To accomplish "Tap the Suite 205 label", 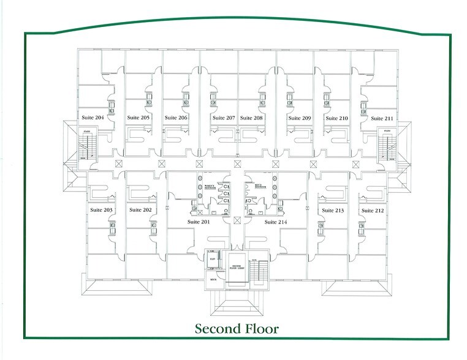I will [139, 117].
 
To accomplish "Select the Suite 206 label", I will [176, 118].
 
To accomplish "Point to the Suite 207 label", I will [224, 118].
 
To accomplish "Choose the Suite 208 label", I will [251, 118].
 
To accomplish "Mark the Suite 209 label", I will [298, 118].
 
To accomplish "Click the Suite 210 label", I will [336, 118].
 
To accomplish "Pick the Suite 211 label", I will [382, 118].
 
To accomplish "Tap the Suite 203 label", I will [101, 210].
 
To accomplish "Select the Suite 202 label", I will [140, 210].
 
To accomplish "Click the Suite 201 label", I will [199, 222].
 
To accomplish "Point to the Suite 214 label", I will [276, 222].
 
